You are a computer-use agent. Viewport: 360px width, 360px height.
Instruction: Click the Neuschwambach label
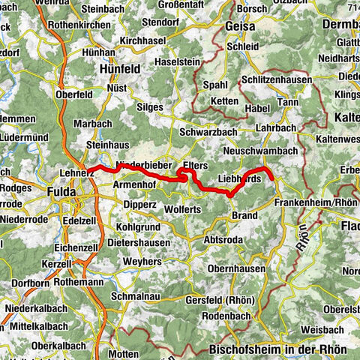click(x=261, y=151)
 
